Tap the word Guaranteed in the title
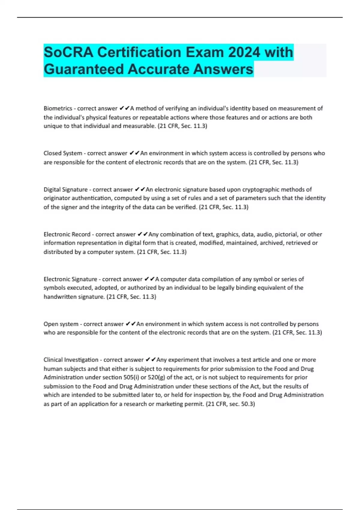84,69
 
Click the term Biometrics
58,108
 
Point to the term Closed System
63,153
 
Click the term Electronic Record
67,234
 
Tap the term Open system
61,324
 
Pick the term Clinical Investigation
71,360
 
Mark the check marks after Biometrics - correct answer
124,108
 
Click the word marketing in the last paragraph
169,404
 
